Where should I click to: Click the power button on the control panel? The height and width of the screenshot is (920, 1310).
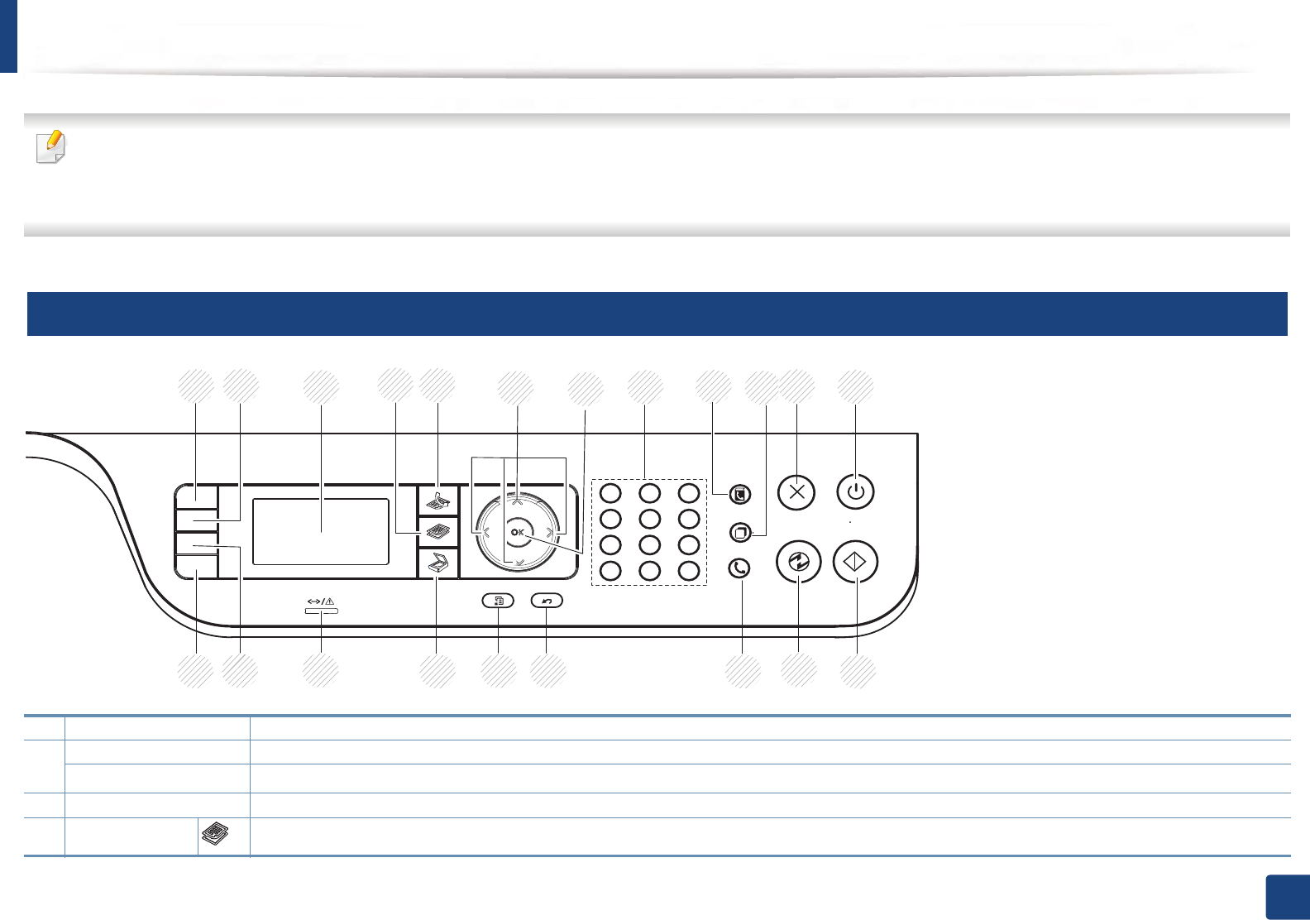point(855,492)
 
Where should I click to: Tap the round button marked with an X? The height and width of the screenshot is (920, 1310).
point(796,492)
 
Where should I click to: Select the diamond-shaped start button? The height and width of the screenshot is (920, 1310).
point(855,562)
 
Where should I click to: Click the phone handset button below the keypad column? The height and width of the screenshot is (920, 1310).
point(740,568)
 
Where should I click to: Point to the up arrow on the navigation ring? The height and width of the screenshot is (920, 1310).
point(517,501)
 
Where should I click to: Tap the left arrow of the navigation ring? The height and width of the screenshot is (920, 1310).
point(485,532)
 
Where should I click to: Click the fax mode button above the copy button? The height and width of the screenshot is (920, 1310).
point(437,500)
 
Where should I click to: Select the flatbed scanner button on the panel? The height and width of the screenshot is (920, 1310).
point(437,565)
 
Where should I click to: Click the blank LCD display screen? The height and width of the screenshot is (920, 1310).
point(320,532)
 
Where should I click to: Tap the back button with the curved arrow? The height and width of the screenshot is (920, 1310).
point(547,601)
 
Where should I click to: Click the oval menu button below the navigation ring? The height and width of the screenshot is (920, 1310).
point(498,601)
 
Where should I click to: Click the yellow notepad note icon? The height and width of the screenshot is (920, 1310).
point(50,146)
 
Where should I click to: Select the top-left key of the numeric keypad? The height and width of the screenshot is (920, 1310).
point(610,493)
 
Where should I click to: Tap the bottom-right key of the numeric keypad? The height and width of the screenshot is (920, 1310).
point(689,570)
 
